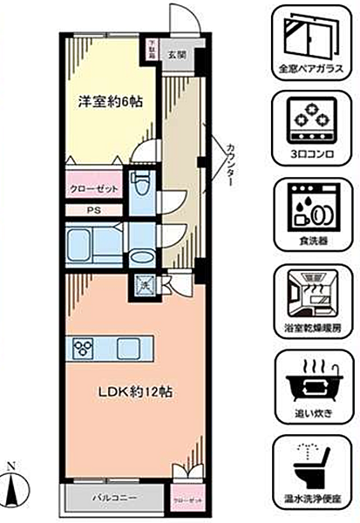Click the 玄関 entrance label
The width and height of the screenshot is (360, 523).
click(x=177, y=54)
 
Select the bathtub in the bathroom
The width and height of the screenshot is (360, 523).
click(x=92, y=243)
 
